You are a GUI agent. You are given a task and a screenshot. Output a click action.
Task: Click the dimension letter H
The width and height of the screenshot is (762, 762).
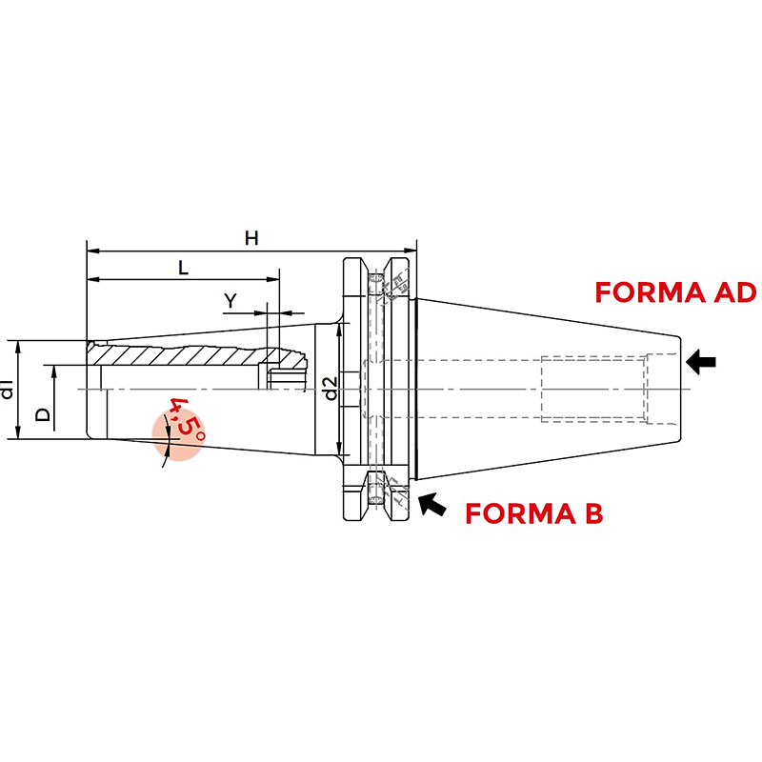pos(251,238)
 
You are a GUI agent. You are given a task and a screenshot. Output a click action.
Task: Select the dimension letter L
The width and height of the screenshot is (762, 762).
pos(183,268)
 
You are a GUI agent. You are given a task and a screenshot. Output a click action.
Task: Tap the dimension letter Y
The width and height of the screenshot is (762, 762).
pos(231,301)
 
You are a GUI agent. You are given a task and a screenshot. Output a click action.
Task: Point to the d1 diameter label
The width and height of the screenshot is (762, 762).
pos(7,390)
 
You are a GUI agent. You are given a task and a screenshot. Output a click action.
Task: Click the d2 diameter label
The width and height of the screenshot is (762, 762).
pos(331,389)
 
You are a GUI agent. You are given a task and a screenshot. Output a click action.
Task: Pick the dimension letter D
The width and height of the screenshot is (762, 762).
pos(43,414)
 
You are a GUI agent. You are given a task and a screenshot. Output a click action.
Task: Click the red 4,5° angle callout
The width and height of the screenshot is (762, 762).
pos(187,418)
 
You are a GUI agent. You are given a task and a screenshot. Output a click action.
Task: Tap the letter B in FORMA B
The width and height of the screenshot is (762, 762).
pos(593,513)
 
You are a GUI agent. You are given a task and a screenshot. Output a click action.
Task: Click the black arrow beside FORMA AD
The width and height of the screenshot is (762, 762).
pos(701,362)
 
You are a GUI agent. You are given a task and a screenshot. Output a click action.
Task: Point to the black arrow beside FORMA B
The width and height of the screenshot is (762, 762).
pos(432,504)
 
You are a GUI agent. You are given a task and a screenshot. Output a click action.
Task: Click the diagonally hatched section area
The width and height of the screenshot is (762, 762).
pos(194,355)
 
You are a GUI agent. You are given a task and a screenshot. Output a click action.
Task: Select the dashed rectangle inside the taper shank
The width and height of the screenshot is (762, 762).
pos(592,390)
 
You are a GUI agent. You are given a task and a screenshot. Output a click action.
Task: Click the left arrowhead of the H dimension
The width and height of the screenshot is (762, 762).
pos(92,251)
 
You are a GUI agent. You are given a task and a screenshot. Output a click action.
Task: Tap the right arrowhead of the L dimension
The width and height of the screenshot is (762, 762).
pos(273,279)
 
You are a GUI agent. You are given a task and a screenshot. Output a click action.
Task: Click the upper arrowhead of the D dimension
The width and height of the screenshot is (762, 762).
pos(54,371)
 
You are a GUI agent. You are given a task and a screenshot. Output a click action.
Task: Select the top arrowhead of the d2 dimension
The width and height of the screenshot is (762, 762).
pos(339,330)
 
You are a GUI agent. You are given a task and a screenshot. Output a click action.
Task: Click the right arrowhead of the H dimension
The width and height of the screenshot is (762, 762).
pos(411,251)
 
